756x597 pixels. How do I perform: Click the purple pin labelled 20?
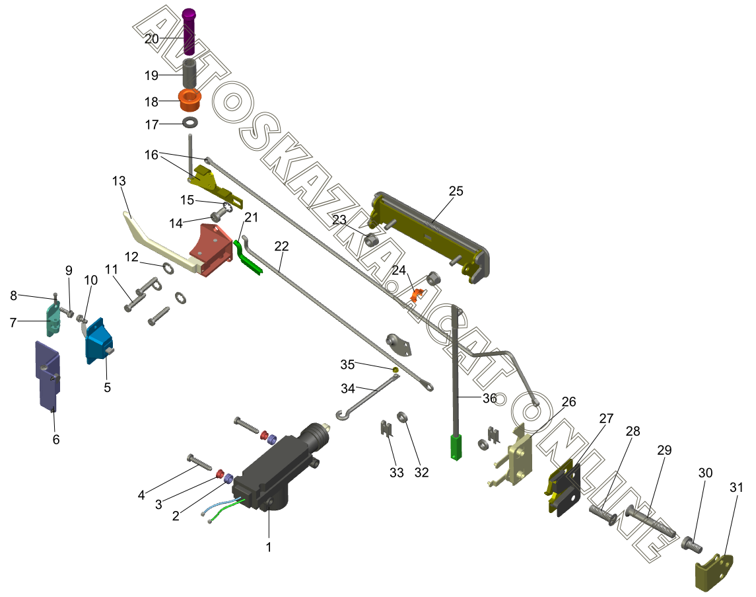click(189, 31)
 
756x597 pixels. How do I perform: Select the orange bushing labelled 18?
click(189, 100)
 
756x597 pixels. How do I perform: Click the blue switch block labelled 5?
click(99, 341)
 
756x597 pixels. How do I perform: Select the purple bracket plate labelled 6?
click(48, 374)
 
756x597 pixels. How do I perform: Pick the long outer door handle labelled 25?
click(429, 237)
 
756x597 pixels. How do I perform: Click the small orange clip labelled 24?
click(417, 294)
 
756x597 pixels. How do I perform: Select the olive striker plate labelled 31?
click(714, 573)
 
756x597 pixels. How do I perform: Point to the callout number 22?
click(281, 246)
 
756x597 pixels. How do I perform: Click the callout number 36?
click(489, 398)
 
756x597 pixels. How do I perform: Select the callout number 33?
click(396, 473)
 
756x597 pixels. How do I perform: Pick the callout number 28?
click(633, 431)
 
